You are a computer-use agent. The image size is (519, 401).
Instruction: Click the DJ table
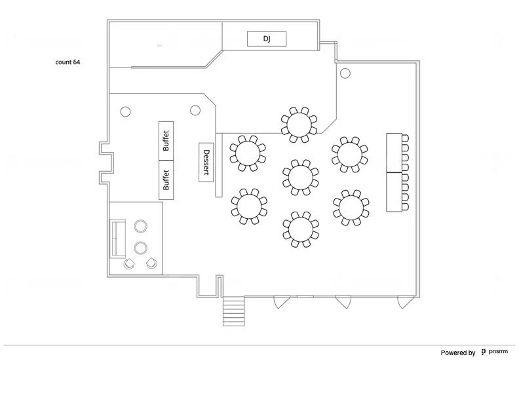point(267,39)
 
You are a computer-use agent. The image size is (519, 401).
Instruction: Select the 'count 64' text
point(68,63)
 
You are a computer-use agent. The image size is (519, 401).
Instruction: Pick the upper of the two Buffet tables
point(166,140)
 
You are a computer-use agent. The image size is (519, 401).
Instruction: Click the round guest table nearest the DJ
point(299,124)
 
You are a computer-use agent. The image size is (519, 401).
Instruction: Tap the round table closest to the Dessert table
point(248,154)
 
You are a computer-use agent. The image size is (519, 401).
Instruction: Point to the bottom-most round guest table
point(299,229)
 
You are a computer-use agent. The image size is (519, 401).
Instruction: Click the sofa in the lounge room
point(118,239)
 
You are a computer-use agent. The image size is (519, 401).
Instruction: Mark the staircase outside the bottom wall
point(234,311)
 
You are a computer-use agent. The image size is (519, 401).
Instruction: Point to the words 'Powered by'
point(458,353)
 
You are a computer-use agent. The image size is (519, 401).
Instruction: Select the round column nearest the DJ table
point(345,73)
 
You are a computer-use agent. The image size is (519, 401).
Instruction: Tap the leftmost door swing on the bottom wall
point(280,302)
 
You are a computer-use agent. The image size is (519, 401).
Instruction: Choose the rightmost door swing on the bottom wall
point(404,302)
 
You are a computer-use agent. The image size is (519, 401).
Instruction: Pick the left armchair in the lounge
point(129,263)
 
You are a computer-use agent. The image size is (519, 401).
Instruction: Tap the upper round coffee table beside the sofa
point(140,227)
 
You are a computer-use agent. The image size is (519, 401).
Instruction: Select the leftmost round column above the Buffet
point(126,111)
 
